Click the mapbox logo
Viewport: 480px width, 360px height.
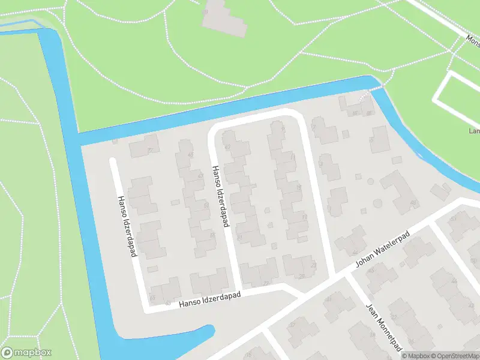(26, 353)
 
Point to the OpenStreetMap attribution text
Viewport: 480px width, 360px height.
(452, 356)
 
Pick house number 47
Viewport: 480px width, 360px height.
(227, 146)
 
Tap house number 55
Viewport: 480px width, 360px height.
(214, 235)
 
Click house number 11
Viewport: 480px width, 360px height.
(292, 157)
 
